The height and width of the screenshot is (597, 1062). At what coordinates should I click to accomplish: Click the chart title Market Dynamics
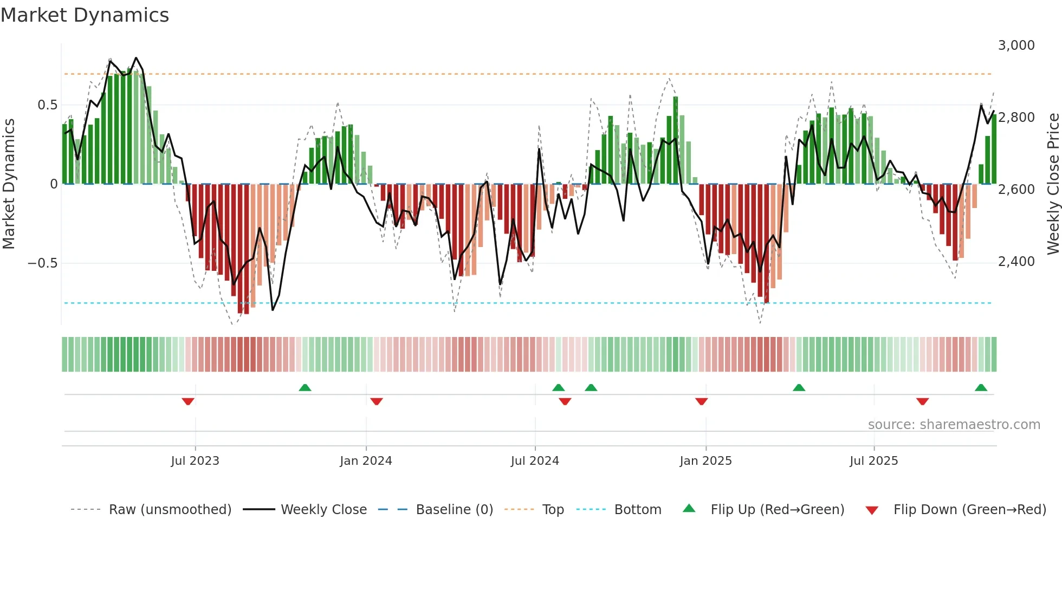pos(85,15)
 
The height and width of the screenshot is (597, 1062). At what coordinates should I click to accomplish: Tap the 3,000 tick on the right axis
pos(1016,46)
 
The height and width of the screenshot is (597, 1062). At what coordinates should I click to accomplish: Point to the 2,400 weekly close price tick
pos(1016,262)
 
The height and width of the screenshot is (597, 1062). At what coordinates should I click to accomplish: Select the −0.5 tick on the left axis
pos(42,263)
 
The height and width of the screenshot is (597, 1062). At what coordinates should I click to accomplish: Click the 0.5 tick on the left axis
pos(47,105)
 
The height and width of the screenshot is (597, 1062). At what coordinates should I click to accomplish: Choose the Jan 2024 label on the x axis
pos(366,461)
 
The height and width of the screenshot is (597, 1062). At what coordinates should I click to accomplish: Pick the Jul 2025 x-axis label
pos(873,461)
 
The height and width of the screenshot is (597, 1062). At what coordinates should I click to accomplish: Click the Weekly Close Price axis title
pos(1053,184)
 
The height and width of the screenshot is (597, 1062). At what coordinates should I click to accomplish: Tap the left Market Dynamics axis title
pos(9,184)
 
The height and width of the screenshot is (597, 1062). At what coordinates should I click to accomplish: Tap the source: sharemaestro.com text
pos(954,425)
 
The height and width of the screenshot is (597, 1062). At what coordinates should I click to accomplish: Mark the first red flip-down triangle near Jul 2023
pos(188,401)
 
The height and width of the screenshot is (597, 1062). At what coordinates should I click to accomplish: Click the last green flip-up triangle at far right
pos(981,387)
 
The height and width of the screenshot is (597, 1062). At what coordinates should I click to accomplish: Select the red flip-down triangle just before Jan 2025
pos(701,401)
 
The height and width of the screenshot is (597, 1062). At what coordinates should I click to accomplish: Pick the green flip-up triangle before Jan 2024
pos(305,387)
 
